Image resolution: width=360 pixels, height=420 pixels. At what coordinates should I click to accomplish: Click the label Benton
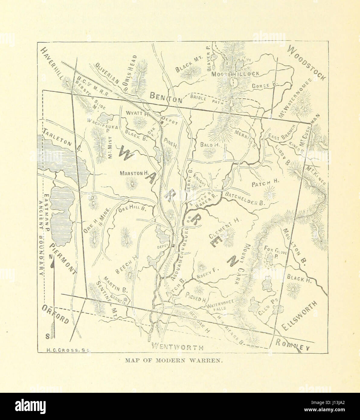click(166, 97)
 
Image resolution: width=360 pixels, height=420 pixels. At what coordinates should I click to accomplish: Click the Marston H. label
click(133, 173)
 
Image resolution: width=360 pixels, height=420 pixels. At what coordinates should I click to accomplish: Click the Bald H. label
click(209, 144)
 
